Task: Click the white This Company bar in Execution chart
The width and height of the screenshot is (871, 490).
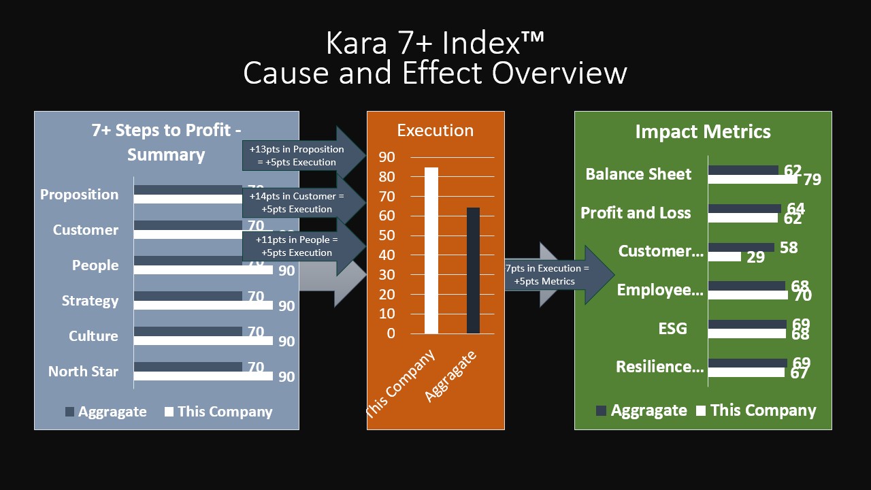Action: point(431,250)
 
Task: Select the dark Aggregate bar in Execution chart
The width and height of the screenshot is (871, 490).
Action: point(473,271)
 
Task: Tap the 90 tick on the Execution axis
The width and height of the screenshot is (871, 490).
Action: point(387,157)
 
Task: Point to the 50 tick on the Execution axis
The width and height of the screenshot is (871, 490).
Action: point(387,235)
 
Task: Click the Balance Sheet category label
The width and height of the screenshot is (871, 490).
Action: point(638,174)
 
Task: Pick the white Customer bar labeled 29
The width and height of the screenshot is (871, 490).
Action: point(724,257)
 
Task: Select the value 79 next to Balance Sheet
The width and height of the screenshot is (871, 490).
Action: point(812,180)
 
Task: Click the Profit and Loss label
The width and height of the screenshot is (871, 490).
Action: point(636,213)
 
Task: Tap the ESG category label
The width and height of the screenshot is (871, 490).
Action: point(672,329)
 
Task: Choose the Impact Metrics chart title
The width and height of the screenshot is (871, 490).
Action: point(703,131)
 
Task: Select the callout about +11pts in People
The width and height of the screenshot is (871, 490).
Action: point(297,246)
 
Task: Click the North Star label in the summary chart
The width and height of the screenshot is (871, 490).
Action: point(83,372)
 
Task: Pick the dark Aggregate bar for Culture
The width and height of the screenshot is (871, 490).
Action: point(188,331)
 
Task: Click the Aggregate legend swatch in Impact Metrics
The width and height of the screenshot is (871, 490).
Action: point(601,410)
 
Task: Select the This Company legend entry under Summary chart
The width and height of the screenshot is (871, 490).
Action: point(218,412)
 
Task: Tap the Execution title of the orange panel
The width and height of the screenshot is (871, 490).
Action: point(435,130)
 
